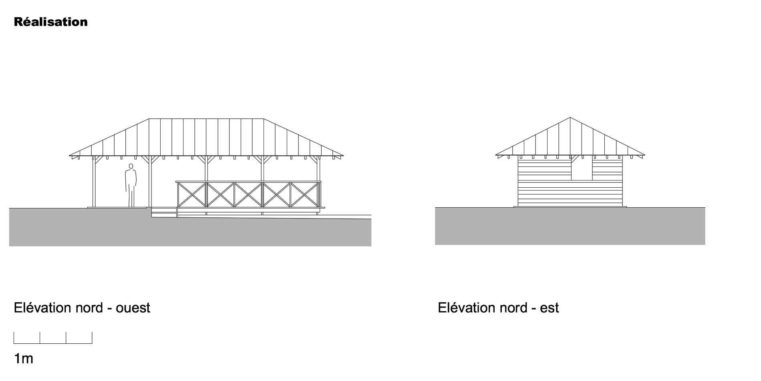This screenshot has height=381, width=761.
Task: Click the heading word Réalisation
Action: point(50,22)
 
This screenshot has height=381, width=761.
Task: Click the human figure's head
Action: point(131,166)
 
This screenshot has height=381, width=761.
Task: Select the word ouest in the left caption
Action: point(133,308)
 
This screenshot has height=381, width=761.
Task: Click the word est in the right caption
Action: point(549,308)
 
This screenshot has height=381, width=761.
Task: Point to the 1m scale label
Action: point(24,359)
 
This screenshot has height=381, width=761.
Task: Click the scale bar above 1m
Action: point(53,338)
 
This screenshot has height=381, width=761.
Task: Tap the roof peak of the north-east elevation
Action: point(570,118)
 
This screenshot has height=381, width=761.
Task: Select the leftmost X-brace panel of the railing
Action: point(191,195)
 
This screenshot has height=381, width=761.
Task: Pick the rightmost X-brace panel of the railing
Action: point(305,195)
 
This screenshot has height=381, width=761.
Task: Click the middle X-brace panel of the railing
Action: point(248,195)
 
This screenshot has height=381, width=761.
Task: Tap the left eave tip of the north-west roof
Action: point(70,155)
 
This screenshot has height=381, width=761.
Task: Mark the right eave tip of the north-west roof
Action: point(343,155)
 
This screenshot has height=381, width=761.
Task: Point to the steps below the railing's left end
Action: point(164,212)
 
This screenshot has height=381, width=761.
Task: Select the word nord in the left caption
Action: point(88,308)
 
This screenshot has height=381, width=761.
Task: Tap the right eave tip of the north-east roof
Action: point(644,155)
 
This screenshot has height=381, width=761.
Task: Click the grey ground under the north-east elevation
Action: point(570,226)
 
